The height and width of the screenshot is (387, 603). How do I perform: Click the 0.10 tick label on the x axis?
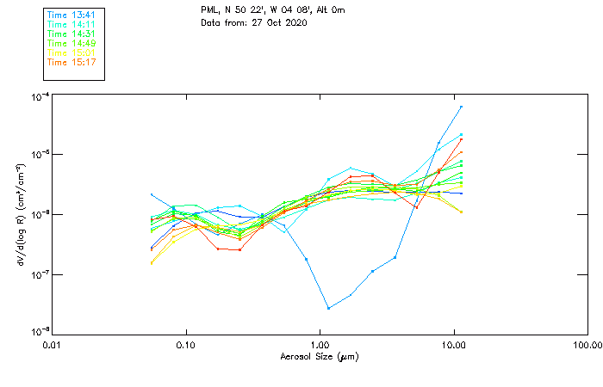pos(185,344)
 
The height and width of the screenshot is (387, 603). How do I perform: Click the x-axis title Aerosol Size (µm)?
pos(319,356)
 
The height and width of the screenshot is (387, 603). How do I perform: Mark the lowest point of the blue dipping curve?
pos(328,308)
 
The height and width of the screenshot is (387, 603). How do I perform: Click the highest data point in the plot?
pos(462,107)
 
